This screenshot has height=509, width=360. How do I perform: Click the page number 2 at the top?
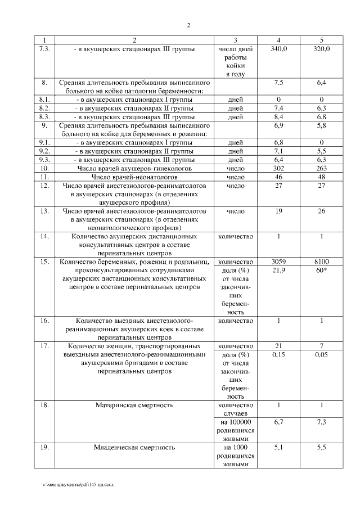click(x=188, y=25)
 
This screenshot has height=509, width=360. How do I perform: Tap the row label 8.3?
click(x=46, y=116)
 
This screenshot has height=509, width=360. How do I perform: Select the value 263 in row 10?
click(x=321, y=168)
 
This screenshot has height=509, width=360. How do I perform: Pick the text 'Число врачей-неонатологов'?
click(x=134, y=177)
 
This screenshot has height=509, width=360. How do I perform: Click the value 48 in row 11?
click(x=321, y=177)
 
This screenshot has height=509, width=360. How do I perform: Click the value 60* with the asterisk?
click(x=321, y=271)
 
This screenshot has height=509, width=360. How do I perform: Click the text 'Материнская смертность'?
click(x=134, y=405)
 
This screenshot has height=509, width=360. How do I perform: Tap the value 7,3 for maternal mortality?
click(x=321, y=422)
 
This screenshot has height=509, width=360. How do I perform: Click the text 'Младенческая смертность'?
click(x=134, y=448)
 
